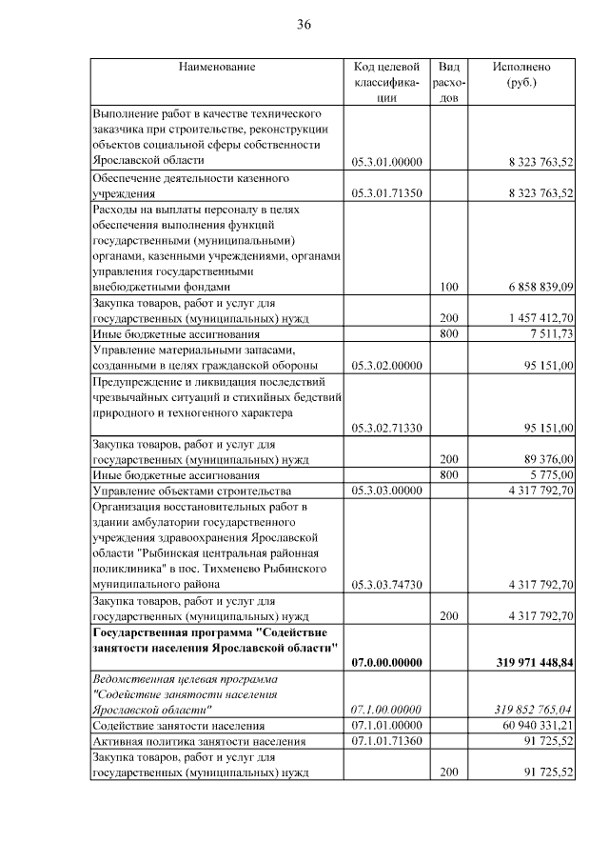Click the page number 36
(304, 25)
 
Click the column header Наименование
(216, 67)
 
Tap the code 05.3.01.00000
(386, 162)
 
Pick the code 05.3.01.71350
(386, 193)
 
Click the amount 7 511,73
(547, 334)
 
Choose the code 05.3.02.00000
(386, 365)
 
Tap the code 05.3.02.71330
(386, 428)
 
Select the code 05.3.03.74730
(386, 583)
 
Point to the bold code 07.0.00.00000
(386, 662)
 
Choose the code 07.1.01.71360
(386, 741)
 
